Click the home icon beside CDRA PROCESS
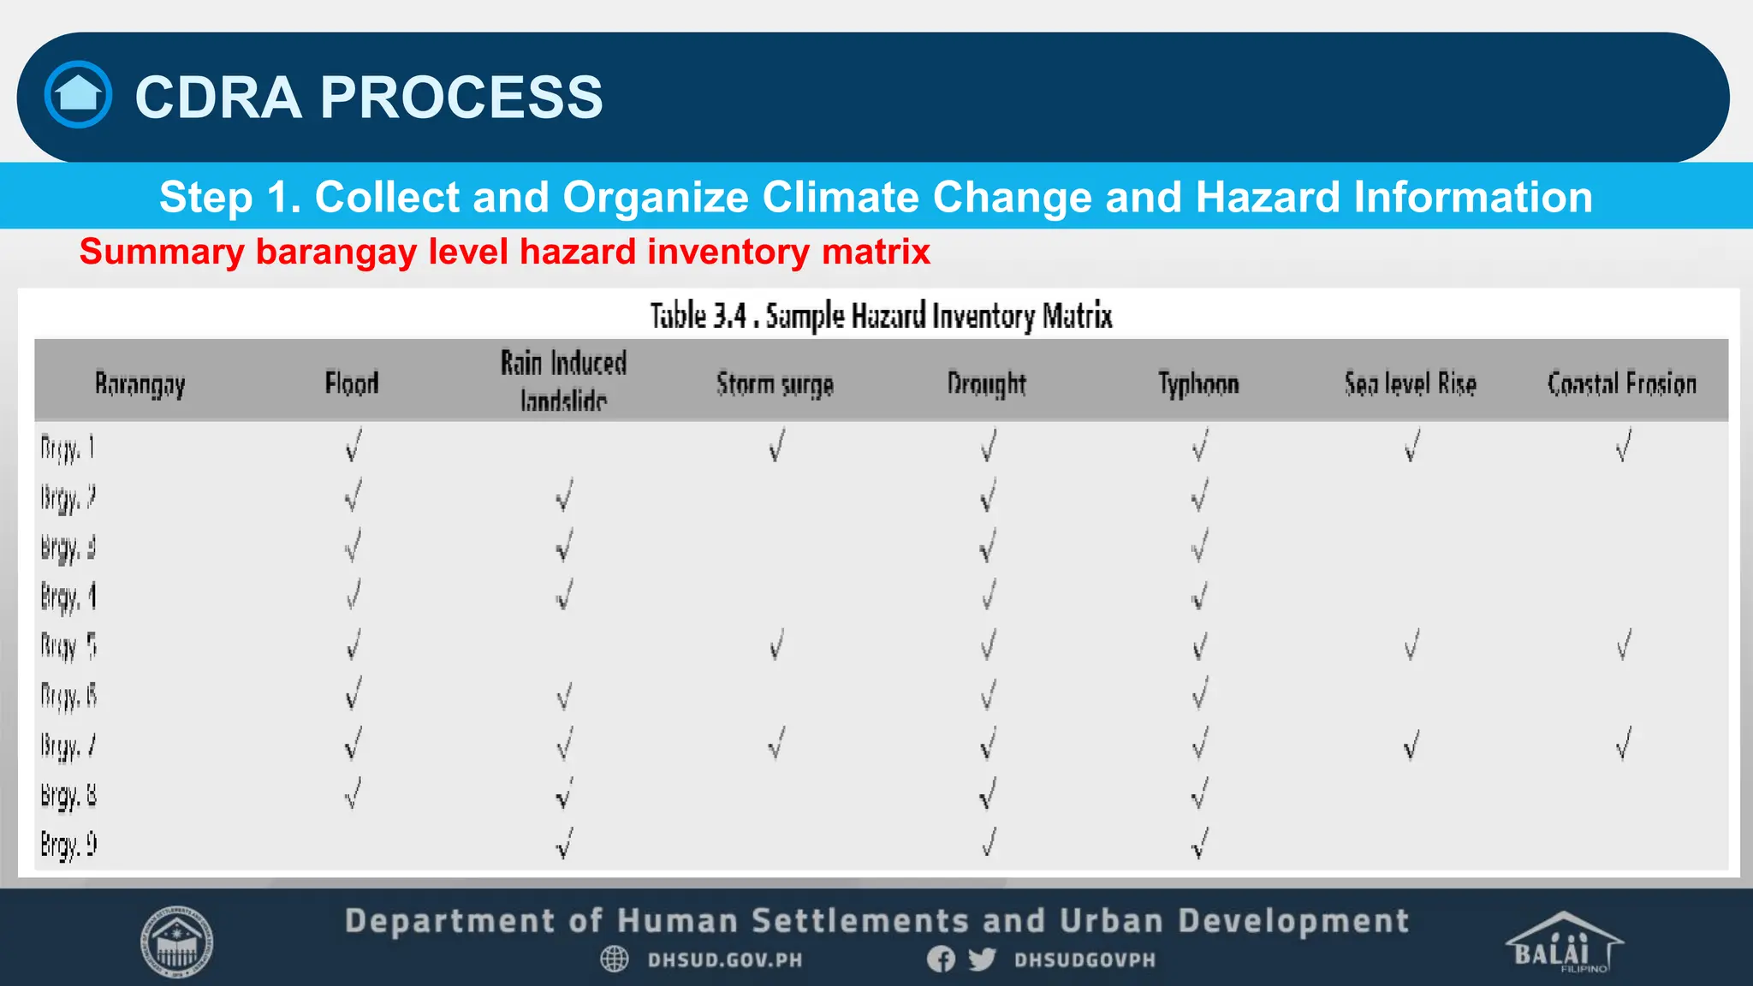click(78, 94)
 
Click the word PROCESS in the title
click(461, 97)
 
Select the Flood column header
click(352, 383)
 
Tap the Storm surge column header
click(775, 384)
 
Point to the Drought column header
click(986, 383)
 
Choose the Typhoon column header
click(1198, 383)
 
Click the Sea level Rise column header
click(1410, 383)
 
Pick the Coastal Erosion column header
click(1621, 383)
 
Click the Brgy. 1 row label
click(67, 448)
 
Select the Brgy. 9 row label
click(68, 845)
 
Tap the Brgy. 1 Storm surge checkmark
click(775, 446)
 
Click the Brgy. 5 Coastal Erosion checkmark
click(1623, 644)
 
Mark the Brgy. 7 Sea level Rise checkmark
click(1411, 745)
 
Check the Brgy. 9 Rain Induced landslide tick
click(563, 844)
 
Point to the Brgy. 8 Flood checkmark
click(352, 793)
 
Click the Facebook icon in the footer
click(941, 959)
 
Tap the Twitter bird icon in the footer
click(982, 959)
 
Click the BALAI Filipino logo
click(1563, 943)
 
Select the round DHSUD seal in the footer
click(176, 942)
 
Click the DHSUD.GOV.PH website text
click(724, 959)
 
